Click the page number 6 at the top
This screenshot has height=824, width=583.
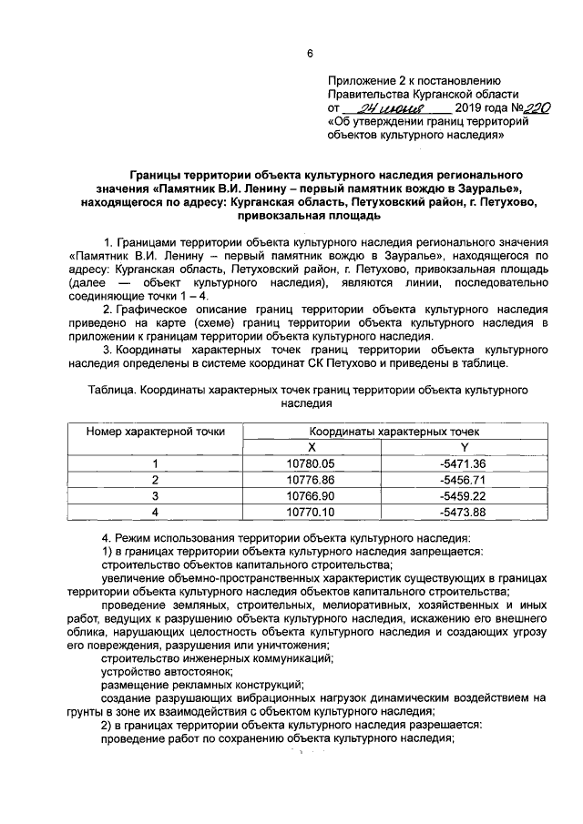(309, 54)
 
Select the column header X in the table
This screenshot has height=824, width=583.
(311, 446)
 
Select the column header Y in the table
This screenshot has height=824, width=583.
(463, 446)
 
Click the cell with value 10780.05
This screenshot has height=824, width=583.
(311, 463)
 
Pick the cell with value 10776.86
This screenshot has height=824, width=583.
(311, 479)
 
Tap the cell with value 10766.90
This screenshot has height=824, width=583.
(311, 495)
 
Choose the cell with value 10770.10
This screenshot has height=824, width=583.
(311, 512)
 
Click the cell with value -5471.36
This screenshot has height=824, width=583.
(463, 463)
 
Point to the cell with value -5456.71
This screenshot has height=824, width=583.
(463, 479)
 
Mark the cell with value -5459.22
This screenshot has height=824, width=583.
(463, 495)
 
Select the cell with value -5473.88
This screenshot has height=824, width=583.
(463, 512)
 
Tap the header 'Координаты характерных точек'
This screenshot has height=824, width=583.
(387, 431)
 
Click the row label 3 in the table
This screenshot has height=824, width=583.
(155, 495)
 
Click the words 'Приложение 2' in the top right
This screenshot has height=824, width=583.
(365, 80)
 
